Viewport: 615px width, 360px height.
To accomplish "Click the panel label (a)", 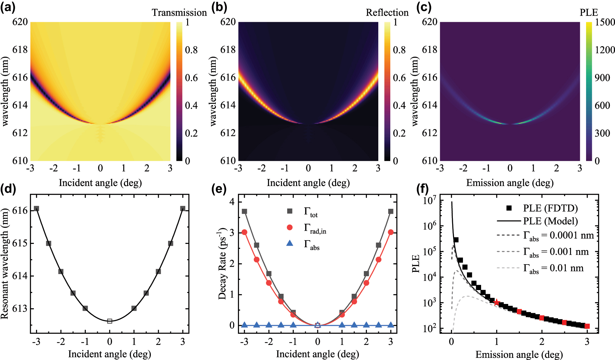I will pos(8,7).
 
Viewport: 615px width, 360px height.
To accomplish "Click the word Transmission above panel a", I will pos(179,13).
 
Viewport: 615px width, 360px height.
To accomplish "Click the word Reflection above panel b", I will pos(387,13).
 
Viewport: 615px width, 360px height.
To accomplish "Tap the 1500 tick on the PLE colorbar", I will pos(605,22).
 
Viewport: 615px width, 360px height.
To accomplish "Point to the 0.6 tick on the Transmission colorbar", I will pos(191,78).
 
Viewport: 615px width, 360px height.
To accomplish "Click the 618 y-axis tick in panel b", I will pos(228,50).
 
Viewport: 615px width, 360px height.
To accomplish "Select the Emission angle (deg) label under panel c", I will pos(510,183).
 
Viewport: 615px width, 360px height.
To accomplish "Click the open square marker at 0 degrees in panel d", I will pos(110,321).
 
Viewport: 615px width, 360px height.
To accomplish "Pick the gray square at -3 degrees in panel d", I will pos(37,208).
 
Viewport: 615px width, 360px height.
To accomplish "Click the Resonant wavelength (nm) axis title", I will pos(5,264).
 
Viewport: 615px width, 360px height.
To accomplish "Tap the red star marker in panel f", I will pos(496,302).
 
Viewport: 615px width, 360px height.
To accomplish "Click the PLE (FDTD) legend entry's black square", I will pos(509,208).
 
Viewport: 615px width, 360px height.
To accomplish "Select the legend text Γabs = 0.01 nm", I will pos(553,268).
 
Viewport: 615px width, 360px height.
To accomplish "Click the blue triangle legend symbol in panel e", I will pos(290,243).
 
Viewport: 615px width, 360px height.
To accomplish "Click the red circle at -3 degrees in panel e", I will pos(244,232).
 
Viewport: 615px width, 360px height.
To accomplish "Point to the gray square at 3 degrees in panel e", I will pos(391,211).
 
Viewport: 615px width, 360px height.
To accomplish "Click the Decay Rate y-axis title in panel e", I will pos(222,264).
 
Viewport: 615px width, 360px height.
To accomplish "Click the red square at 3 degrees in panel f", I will pos(587,326).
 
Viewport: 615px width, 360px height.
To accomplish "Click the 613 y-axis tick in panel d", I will pos(20,308).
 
